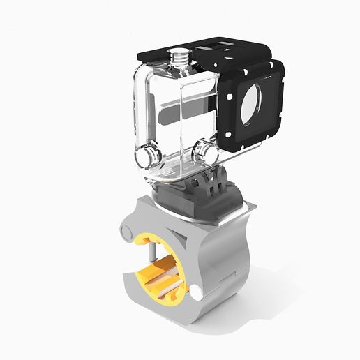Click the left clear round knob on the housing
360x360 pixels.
click(147, 156)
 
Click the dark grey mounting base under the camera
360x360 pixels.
click(188, 199)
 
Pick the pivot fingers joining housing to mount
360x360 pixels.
click(216, 183)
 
